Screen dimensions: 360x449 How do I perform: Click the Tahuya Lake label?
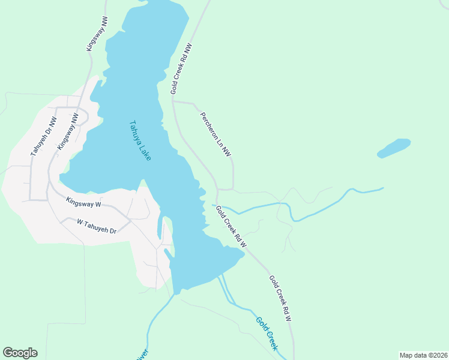point(140,141)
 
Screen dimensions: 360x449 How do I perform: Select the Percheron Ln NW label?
point(215,134)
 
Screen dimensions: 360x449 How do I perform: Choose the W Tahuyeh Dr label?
point(96,226)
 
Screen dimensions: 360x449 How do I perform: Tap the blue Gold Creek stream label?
point(267,333)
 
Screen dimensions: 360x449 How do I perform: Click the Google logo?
point(20,353)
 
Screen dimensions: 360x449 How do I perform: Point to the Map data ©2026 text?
point(423,355)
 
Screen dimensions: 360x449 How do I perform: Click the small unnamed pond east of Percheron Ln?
point(394,148)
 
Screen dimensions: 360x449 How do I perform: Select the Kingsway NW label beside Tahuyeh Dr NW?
point(68,131)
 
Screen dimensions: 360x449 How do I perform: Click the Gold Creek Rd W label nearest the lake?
point(231,226)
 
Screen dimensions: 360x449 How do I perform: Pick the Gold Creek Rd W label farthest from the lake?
point(280,298)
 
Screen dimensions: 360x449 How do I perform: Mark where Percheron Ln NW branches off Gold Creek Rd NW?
point(173,101)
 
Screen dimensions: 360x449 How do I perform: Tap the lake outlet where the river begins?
point(176,293)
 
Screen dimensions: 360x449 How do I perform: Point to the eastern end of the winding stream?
point(382,188)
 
